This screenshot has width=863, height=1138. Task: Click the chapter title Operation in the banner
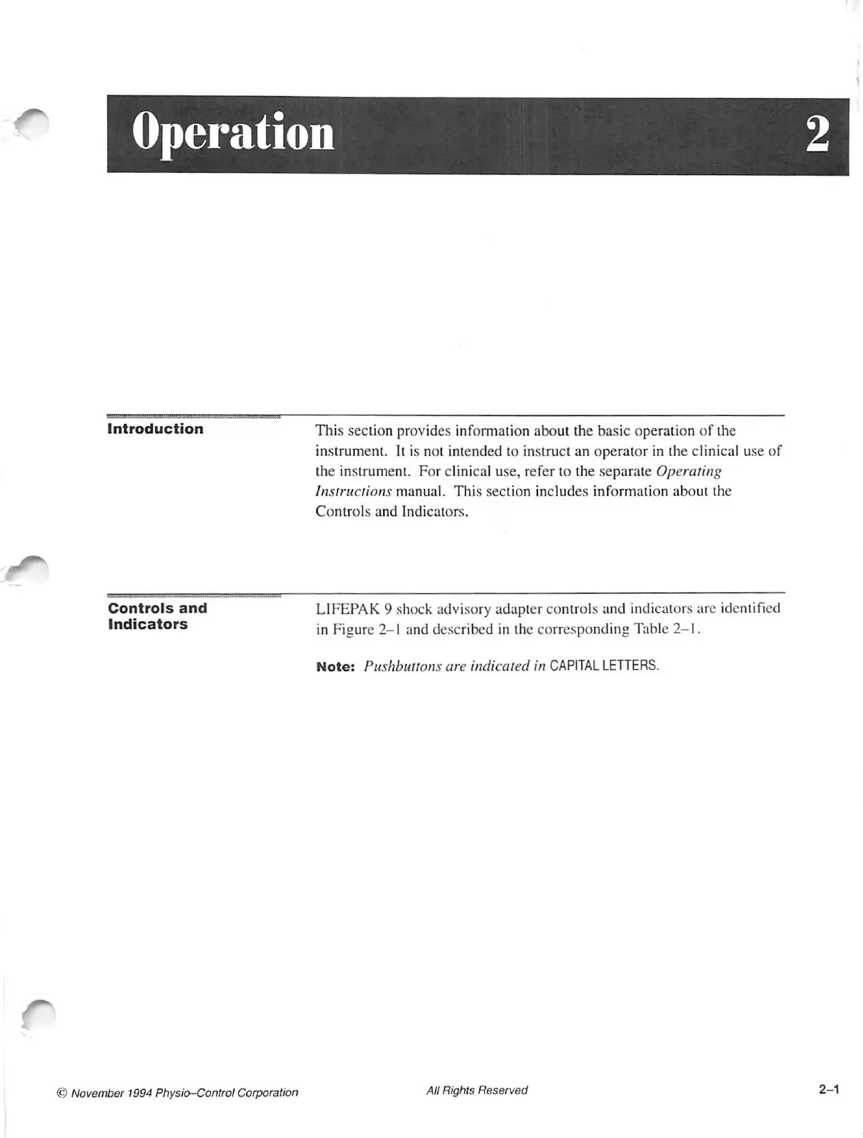233,133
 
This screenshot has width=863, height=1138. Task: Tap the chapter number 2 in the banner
817,134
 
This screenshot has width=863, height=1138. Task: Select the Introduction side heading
155,429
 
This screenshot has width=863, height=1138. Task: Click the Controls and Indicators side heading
157,616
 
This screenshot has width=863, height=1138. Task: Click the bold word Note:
335,666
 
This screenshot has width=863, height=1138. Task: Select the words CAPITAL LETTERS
603,665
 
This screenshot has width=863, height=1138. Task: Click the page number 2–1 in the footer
829,1089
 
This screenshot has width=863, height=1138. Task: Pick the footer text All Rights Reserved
476,1090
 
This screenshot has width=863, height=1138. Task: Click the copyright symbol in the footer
62,1093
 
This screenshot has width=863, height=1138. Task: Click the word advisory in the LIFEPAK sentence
463,609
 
